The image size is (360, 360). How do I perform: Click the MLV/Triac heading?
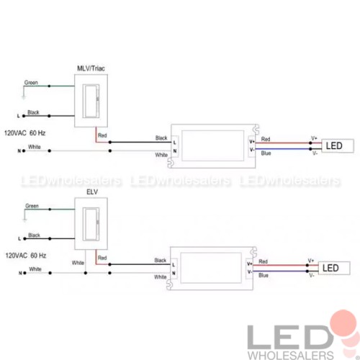[x=91, y=68]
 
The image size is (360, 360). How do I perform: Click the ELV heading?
[x=92, y=192]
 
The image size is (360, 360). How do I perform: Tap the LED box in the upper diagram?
[x=338, y=145]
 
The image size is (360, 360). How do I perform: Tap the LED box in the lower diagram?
[x=334, y=268]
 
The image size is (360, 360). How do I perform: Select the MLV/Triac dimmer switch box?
[x=91, y=101]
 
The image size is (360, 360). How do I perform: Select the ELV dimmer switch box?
[x=91, y=224]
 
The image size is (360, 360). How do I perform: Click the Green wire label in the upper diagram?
[x=31, y=83]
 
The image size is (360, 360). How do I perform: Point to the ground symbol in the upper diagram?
[x=24, y=97]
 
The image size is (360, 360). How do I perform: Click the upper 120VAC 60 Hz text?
[x=25, y=133]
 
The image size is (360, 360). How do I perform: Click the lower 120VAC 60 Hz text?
[x=26, y=256]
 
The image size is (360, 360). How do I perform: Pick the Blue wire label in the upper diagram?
[x=266, y=153]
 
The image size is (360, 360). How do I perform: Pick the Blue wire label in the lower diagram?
[x=264, y=275]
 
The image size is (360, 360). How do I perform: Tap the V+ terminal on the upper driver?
[x=252, y=142]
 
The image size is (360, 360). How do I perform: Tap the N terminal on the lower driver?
[x=174, y=273]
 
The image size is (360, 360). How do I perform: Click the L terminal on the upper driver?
[x=175, y=143]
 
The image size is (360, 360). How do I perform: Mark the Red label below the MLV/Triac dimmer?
[x=102, y=135]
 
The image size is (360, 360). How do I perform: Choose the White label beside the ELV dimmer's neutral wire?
[x=78, y=263]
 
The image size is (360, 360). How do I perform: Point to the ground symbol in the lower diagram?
[x=24, y=220]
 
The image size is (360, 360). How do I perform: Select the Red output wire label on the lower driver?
[x=263, y=261]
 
